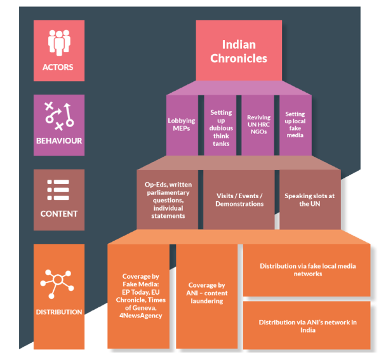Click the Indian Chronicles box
(239, 51)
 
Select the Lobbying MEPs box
(182, 124)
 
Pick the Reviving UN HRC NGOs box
(258, 124)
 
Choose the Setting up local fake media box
(295, 124)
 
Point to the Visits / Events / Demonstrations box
(240, 200)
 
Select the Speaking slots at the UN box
(309, 200)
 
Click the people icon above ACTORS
(58, 43)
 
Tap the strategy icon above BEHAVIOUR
(58, 114)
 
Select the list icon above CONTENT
(58, 189)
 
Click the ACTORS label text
(58, 67)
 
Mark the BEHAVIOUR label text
(58, 140)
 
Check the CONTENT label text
(58, 214)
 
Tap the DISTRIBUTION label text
(58, 312)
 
